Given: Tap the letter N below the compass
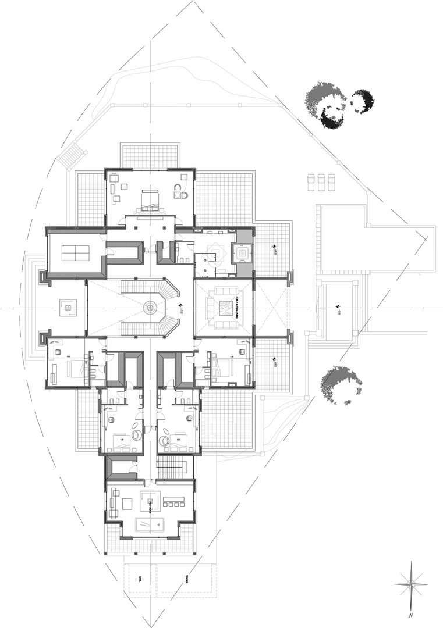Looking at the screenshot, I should (x=411, y=615).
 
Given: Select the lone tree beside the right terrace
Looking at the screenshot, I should (x=341, y=383).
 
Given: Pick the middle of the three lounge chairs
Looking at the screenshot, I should (x=320, y=181).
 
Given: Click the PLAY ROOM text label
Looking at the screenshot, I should (x=149, y=503).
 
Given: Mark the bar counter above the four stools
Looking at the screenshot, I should (x=175, y=499).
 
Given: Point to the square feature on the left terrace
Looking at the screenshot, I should (x=68, y=307).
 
